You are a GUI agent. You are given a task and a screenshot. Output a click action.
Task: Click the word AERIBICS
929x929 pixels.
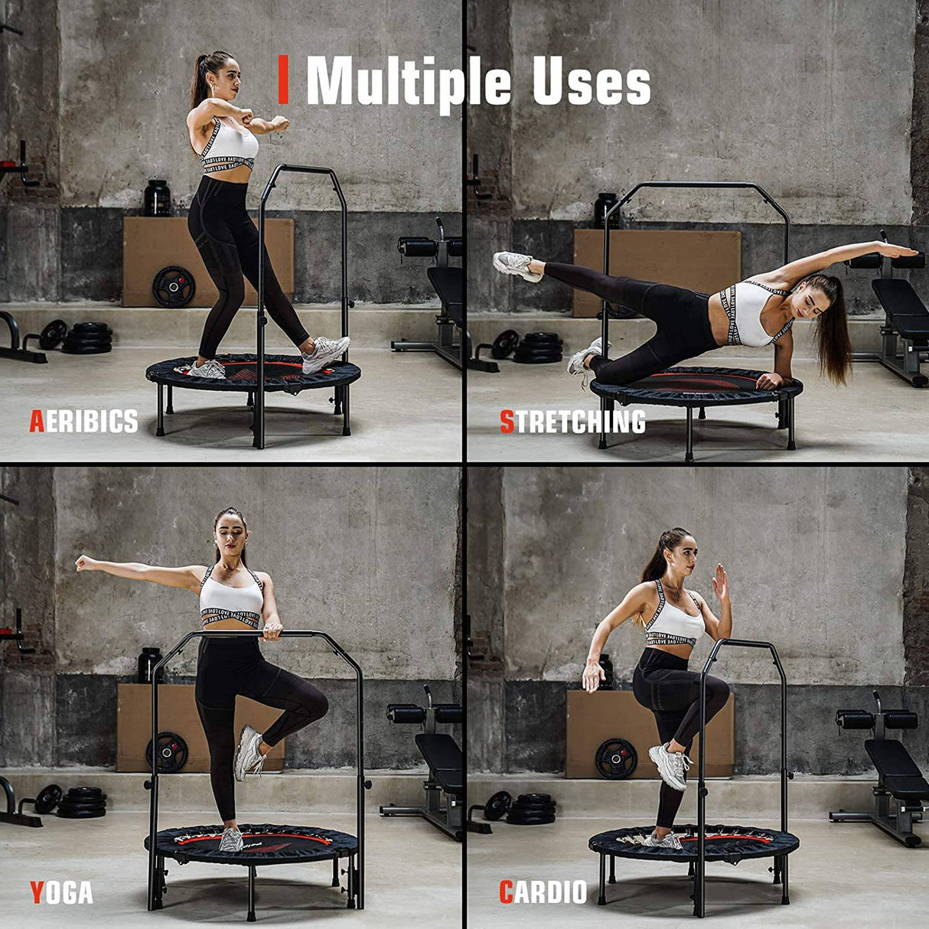coord(84,421)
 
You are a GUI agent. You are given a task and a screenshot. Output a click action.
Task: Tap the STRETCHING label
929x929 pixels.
coord(572,422)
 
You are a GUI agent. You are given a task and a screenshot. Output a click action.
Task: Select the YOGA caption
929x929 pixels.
coord(61,892)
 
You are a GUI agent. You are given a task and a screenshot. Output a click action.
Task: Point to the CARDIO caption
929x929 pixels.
coord(543,892)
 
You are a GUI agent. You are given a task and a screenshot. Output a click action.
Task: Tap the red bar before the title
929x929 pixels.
coord(283,81)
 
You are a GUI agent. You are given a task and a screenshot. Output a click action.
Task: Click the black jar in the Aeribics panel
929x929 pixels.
coord(157,197)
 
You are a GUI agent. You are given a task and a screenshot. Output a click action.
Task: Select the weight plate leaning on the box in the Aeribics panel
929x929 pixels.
coord(174,286)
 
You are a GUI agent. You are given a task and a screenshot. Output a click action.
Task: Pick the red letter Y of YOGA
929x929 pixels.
coord(37,892)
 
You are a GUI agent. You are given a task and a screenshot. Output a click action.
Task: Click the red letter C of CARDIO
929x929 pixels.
coord(506,892)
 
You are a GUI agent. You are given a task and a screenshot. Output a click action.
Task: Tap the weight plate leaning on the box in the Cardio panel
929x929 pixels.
coord(616,758)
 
